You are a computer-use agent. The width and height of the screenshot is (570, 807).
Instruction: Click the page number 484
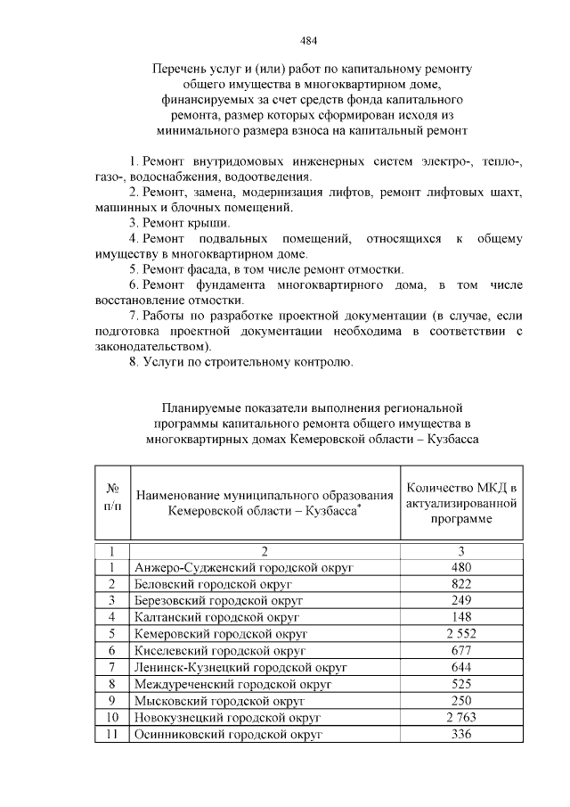(x=309, y=40)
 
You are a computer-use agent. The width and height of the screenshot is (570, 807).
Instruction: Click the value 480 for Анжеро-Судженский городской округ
(x=460, y=567)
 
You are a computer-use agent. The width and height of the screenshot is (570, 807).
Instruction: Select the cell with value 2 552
(x=460, y=634)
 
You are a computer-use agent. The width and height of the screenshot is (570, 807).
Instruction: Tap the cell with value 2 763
(x=460, y=718)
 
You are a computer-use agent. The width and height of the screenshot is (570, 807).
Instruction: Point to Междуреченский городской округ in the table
(x=232, y=684)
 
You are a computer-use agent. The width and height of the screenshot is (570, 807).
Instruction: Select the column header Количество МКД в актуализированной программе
(x=460, y=503)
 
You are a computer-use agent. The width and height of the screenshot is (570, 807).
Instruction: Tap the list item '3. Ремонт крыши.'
(x=179, y=222)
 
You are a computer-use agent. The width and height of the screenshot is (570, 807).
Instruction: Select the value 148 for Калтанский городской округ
(x=460, y=617)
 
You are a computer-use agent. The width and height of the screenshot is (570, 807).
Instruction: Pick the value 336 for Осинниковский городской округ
(x=460, y=735)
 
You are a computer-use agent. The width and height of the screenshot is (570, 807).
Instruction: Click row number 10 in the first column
(x=113, y=718)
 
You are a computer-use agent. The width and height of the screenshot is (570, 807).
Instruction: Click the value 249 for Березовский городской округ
(x=460, y=601)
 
